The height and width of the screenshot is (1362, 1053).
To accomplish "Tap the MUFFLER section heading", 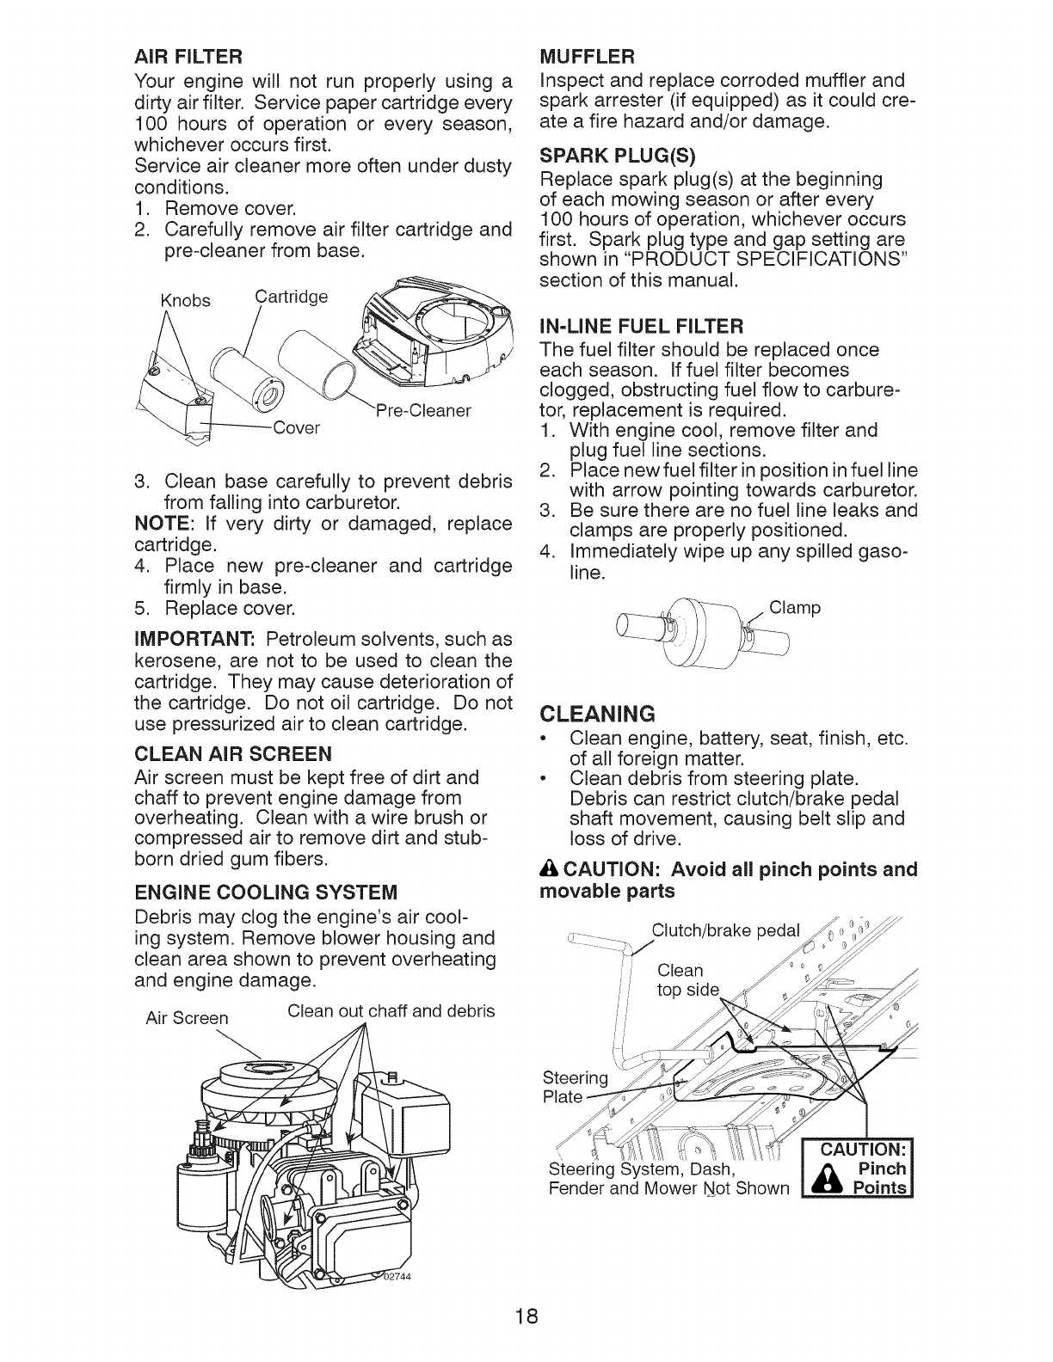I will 587,58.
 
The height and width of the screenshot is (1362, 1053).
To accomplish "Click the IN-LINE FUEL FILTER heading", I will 641,327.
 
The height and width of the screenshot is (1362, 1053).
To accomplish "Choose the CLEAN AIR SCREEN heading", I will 233,754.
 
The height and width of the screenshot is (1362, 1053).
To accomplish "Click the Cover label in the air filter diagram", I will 295,428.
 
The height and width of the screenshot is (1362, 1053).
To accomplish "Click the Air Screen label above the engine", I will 187,1018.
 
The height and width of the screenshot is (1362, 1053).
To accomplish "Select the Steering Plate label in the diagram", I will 575,1088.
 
